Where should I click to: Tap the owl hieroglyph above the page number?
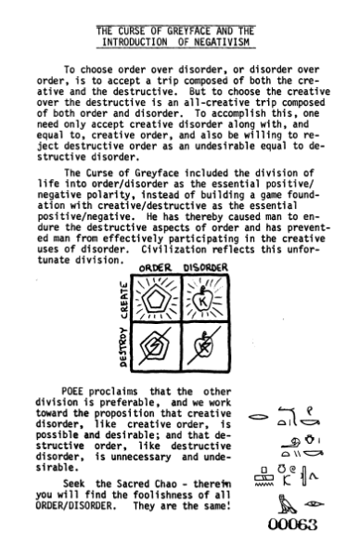tap(278, 505)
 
